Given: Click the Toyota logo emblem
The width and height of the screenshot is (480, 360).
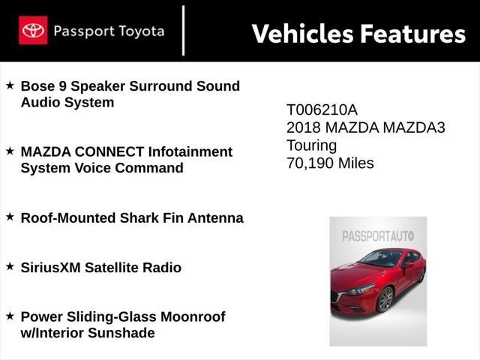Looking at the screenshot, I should (33, 31).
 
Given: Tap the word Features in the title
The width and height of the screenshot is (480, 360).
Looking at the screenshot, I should (412, 34).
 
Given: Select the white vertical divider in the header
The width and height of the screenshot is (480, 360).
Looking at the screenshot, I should (183, 31).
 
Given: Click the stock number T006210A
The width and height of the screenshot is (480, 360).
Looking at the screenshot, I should (322, 109).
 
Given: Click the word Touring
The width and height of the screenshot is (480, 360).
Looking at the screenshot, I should (312, 145).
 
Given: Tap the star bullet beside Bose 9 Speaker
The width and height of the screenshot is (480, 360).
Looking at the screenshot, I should (10, 85).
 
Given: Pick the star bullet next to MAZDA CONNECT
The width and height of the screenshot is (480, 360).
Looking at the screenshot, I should (10, 151).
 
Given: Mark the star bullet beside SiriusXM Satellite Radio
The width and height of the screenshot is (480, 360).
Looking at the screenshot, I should (10, 266).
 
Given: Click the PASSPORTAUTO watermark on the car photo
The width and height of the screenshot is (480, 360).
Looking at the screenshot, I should (378, 236).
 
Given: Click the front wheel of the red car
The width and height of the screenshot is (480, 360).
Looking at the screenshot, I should (385, 298).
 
